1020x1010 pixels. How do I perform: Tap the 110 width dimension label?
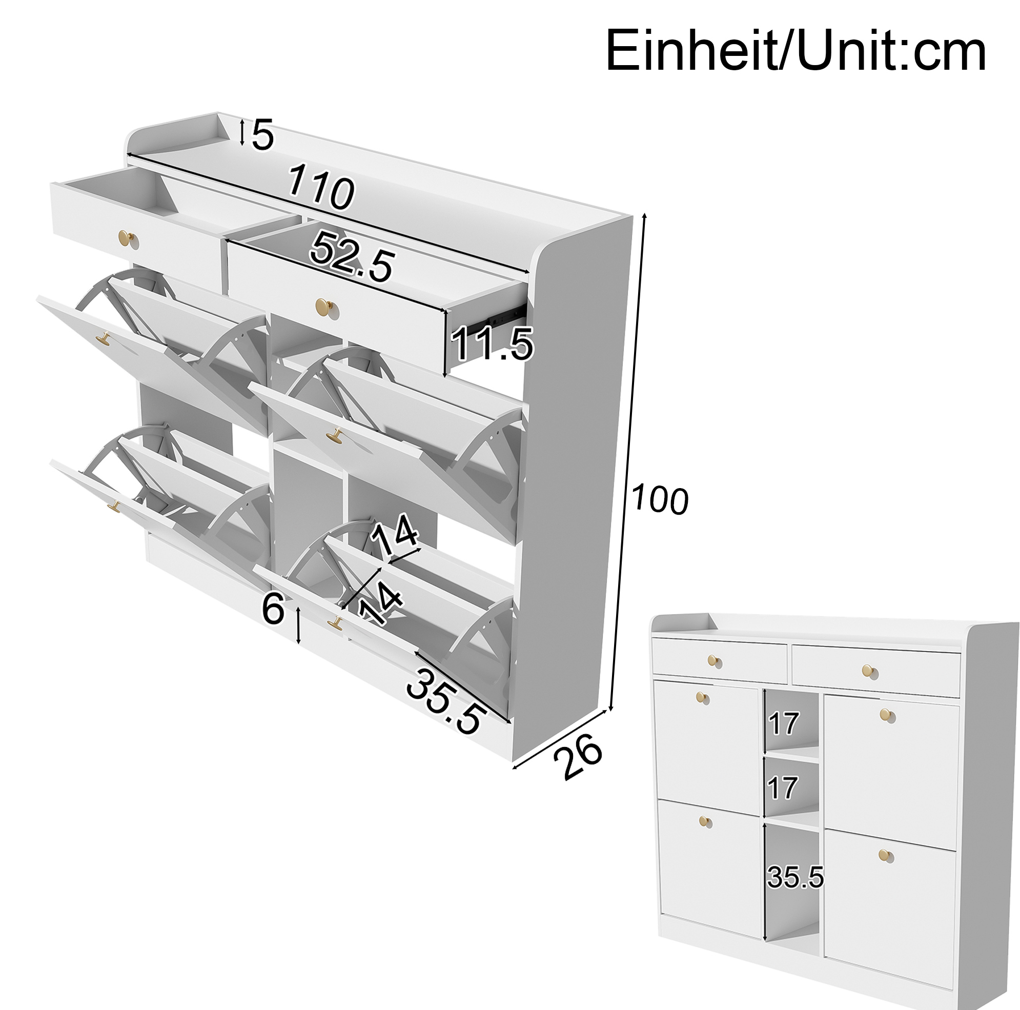tap(321, 187)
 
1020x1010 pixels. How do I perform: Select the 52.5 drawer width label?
tap(352, 257)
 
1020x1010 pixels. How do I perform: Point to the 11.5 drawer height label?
tap(492, 343)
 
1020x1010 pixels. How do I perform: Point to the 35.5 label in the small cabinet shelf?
tap(795, 878)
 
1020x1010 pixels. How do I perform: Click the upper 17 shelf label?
tap(784, 723)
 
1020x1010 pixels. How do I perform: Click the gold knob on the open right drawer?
tap(322, 306)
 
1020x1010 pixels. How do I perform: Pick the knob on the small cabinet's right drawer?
tap(867, 671)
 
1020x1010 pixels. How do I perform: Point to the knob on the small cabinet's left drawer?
tap(713, 660)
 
